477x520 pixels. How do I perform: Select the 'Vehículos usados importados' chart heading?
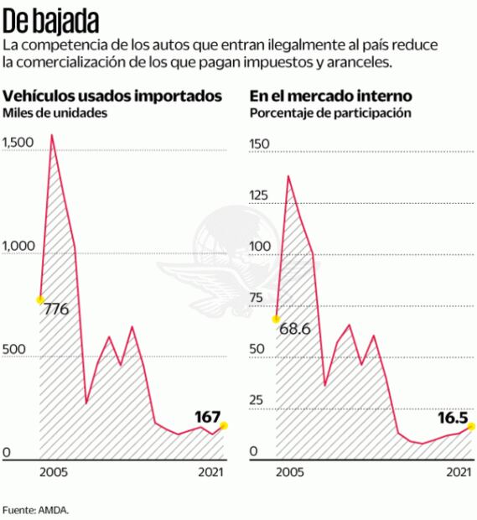click(113, 96)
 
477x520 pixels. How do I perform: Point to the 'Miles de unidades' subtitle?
click(55, 113)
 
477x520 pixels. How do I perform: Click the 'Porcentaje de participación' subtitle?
click(330, 113)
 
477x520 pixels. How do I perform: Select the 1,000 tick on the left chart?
click(18, 246)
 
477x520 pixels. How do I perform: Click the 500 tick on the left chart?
click(13, 349)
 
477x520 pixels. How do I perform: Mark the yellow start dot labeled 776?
click(39, 299)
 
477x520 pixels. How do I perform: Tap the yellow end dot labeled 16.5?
click(472, 426)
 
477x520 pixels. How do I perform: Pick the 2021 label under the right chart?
click(457, 473)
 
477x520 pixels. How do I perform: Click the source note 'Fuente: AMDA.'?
click(35, 509)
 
